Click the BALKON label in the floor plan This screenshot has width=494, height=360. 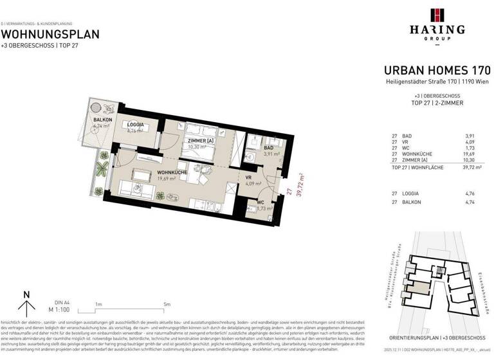(x=103, y=120)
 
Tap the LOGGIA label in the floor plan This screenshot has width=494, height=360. (x=135, y=125)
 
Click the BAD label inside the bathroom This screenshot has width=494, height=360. (x=269, y=147)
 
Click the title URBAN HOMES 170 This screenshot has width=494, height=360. (x=437, y=70)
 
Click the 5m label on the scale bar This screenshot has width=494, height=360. (x=167, y=304)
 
